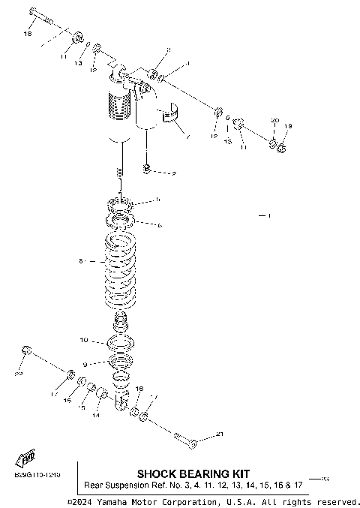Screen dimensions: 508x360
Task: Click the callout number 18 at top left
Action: (x=28, y=35)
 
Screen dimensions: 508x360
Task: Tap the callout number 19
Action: (x=288, y=126)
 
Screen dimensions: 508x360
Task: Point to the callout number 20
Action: (x=274, y=121)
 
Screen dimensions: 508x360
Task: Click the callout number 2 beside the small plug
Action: (x=174, y=173)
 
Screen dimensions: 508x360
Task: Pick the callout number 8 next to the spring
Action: (x=81, y=261)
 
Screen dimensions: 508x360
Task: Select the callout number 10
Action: (x=84, y=340)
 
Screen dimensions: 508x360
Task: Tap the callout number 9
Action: (x=85, y=363)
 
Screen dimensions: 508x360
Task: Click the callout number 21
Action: (x=219, y=434)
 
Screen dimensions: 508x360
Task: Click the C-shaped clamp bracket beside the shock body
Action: (x=170, y=116)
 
